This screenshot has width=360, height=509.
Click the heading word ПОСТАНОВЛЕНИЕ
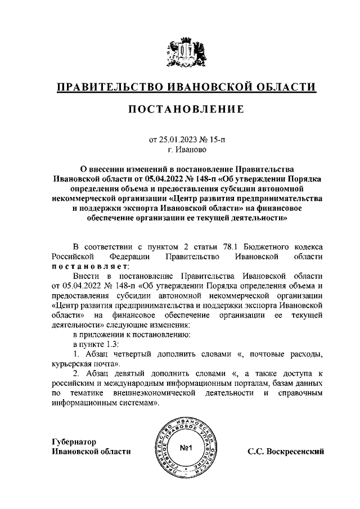(x=180, y=109)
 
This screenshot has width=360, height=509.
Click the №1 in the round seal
(x=185, y=448)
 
